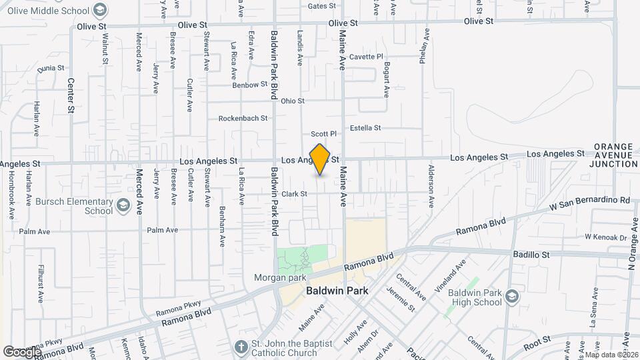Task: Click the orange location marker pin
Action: tap(320, 159)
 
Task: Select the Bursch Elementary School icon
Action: tap(123, 206)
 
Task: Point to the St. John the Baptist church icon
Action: tap(241, 346)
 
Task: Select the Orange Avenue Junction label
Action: tap(615, 155)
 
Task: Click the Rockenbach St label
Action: tap(243, 118)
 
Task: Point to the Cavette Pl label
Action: tap(367, 57)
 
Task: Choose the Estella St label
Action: tap(365, 127)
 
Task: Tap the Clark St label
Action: tap(294, 194)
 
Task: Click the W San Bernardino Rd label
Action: tap(589, 199)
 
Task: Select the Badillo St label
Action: tap(531, 254)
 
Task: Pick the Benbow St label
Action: tap(249, 85)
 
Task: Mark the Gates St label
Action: tap(321, 6)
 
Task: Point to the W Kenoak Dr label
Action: tap(606, 237)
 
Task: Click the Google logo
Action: tap(22, 351)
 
